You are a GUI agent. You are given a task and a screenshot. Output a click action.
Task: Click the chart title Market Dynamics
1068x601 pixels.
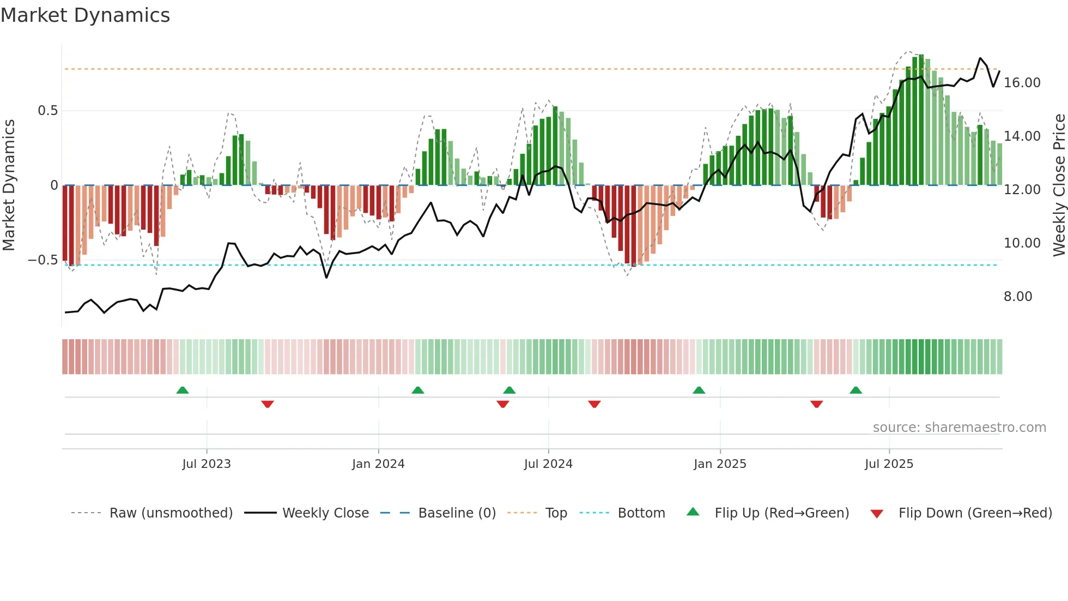click(85, 15)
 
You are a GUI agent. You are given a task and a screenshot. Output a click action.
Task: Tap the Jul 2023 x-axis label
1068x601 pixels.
click(207, 464)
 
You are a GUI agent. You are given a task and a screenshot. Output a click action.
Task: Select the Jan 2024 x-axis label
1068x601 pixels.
click(378, 464)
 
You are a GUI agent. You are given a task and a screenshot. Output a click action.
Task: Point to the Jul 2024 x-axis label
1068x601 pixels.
click(548, 464)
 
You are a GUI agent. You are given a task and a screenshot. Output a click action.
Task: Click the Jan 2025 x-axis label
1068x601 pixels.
click(720, 464)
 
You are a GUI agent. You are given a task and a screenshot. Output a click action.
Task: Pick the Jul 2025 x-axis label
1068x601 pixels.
click(889, 464)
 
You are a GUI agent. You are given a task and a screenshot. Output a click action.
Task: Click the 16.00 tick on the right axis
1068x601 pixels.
click(1022, 83)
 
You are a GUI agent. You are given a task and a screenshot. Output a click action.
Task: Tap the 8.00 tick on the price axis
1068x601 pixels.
click(1018, 297)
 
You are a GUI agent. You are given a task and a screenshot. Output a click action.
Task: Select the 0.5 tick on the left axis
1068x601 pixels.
click(47, 111)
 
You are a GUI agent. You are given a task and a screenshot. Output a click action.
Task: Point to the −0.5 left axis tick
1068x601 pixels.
click(43, 260)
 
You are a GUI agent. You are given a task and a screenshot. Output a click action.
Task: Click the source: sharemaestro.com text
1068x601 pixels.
click(959, 428)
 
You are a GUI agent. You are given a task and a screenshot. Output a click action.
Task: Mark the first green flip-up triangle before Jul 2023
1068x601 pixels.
click(183, 390)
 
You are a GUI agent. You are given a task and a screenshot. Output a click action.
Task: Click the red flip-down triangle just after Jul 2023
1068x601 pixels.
click(267, 404)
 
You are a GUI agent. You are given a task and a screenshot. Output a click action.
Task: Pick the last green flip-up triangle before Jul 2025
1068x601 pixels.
click(855, 390)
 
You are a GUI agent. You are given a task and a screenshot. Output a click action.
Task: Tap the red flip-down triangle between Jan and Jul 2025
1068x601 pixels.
click(816, 404)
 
